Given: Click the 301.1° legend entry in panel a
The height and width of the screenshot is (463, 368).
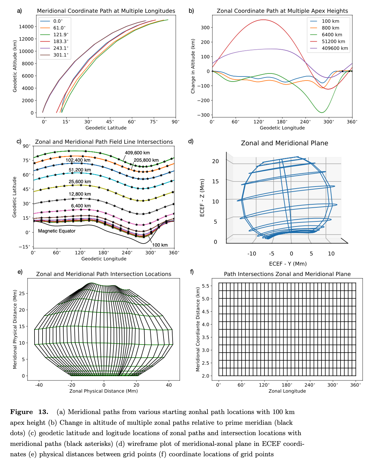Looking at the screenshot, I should pyautogui.click(x=61, y=55).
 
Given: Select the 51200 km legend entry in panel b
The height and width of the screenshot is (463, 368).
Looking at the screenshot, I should pyautogui.click(x=333, y=42).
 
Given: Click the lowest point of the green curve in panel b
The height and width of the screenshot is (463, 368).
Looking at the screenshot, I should pyautogui.click(x=322, y=112).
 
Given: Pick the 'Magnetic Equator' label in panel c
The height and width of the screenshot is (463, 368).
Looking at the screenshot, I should pyautogui.click(x=57, y=231).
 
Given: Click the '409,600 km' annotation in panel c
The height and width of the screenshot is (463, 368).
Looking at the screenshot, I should pyautogui.click(x=137, y=153).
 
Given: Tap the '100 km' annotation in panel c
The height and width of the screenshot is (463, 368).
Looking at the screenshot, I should pyautogui.click(x=160, y=245).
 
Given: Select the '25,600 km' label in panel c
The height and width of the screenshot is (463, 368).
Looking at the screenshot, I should pyautogui.click(x=80, y=182).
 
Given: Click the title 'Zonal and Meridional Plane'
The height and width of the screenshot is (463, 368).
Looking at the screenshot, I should pyautogui.click(x=284, y=143).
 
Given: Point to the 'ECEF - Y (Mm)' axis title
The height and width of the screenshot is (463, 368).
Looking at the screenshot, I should pyautogui.click(x=288, y=264).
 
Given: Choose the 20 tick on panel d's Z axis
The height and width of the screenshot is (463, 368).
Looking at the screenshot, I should pyautogui.click(x=215, y=161).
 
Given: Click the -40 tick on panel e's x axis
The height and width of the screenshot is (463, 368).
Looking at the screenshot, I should pyautogui.click(x=39, y=385).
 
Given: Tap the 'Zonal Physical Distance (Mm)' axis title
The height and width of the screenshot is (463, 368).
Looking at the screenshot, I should pyautogui.click(x=104, y=391).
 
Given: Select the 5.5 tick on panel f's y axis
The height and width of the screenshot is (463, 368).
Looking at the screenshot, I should pyautogui.click(x=205, y=286).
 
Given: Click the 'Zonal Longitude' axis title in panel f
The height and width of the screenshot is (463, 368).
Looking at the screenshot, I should pyautogui.click(x=287, y=391).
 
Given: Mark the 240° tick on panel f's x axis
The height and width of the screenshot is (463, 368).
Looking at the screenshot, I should pyautogui.click(x=310, y=385).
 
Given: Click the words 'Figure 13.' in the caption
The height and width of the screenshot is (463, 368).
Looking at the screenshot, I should pyautogui.click(x=29, y=412).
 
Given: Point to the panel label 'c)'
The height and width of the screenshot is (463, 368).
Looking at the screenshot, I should pyautogui.click(x=19, y=141).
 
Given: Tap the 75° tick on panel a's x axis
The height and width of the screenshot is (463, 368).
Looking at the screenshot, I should pyautogui.click(x=154, y=122).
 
